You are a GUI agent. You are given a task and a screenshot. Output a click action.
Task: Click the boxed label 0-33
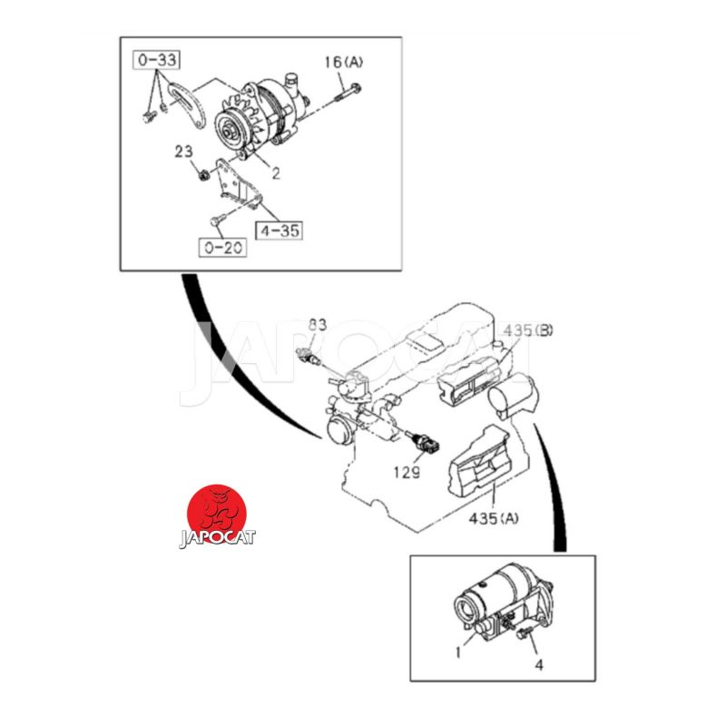pos(156,60)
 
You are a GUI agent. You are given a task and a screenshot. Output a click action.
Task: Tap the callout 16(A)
pos(344,62)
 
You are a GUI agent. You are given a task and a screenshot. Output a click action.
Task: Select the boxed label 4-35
pos(280,231)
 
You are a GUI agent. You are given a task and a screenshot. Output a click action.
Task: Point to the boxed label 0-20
pos(222,247)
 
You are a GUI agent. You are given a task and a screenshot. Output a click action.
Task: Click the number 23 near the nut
pos(184,152)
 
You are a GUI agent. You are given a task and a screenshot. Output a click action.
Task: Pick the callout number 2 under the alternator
pos(276,173)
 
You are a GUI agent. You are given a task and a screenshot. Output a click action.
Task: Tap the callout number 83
pos(319,325)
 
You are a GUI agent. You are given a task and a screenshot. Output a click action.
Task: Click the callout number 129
pos(407,472)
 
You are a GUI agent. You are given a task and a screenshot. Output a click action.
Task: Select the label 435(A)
pos(494,518)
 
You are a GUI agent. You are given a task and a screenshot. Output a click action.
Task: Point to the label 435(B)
pos(528,330)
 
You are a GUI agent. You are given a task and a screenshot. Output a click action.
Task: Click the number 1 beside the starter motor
pos(458,652)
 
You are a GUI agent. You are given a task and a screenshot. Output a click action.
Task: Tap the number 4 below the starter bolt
pos(539,665)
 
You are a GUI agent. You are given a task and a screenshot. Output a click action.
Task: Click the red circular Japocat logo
pos(217,515)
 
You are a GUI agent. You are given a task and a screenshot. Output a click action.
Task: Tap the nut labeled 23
pos(201,175)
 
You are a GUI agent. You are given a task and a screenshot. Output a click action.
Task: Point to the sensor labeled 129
pos(423,442)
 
